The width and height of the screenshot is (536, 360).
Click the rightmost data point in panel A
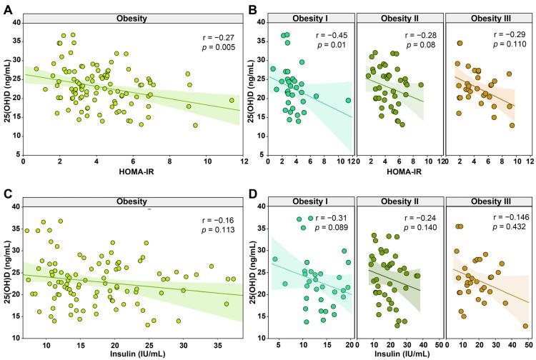point(232,100)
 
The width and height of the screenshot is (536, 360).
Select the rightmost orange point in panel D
point(525,326)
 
